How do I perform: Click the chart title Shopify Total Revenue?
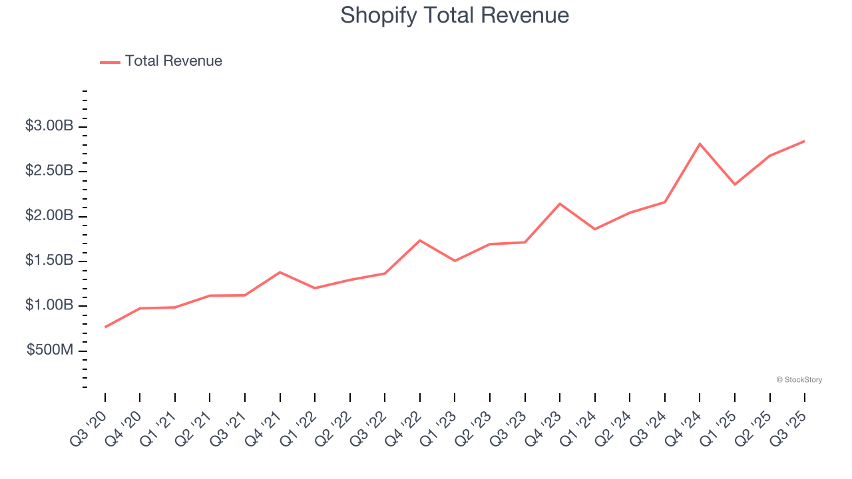(x=455, y=15)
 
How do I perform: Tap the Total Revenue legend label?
(x=173, y=61)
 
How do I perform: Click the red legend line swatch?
(x=110, y=62)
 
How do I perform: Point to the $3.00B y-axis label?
(x=49, y=126)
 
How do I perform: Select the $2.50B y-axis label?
(x=49, y=171)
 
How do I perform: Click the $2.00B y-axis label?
(x=49, y=216)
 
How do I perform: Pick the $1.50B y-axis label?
(x=49, y=261)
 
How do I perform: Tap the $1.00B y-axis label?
(x=49, y=305)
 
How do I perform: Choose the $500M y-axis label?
(x=50, y=351)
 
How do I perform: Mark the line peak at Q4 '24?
(x=700, y=144)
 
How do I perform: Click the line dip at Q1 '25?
(x=735, y=184)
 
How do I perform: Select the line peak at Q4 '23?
(x=560, y=204)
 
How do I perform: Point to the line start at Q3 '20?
(x=105, y=327)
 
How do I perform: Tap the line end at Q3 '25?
(x=804, y=141)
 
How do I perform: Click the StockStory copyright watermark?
(x=799, y=380)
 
